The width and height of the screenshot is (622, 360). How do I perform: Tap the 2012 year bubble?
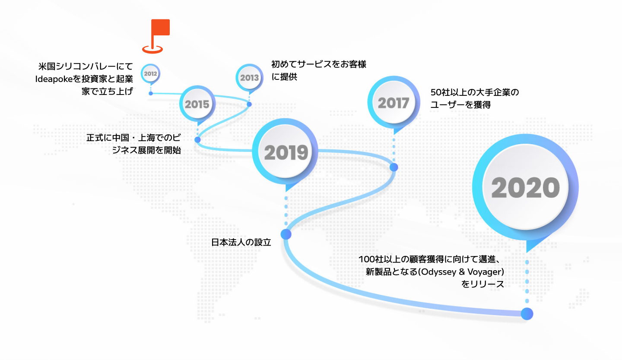coord(150,74)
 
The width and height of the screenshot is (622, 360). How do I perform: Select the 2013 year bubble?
coord(249,78)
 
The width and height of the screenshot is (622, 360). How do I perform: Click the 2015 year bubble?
coord(197,104)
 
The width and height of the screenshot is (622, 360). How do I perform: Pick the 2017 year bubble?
coord(394,103)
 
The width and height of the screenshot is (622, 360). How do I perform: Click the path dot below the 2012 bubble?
coord(151,94)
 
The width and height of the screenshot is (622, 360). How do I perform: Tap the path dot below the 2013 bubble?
coord(249,104)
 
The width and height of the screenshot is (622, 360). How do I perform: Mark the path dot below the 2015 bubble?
coord(197,139)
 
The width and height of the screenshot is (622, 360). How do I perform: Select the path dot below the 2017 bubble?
coord(394,167)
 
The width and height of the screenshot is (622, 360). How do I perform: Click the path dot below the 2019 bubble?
coord(286,234)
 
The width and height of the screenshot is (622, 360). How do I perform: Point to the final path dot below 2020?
coord(527,314)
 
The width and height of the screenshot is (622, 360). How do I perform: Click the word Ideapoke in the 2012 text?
coord(54,79)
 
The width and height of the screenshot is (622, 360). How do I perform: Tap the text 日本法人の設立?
coord(241,242)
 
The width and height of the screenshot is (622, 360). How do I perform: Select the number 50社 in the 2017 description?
coord(440,92)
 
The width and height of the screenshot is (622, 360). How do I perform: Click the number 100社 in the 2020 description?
coord(371,259)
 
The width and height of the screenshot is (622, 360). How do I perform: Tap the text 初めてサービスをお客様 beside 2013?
coord(319,64)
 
